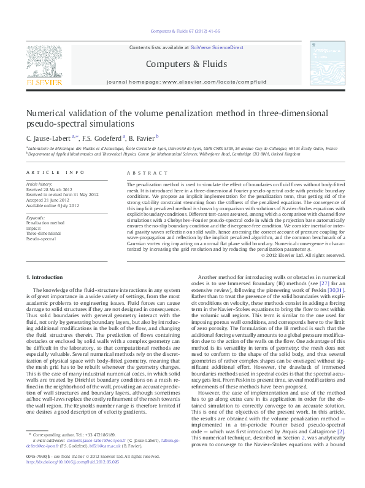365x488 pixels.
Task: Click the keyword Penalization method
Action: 45,222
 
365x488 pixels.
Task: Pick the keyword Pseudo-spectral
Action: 41,238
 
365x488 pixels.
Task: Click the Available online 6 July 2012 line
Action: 53,204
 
